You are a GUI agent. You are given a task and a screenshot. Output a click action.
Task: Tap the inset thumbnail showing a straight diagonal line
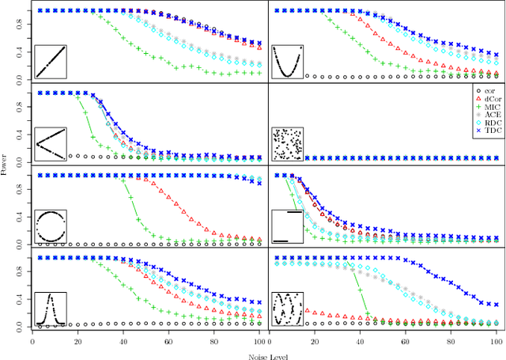[x=51, y=61]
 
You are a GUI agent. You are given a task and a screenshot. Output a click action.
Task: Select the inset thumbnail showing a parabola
[x=288, y=61]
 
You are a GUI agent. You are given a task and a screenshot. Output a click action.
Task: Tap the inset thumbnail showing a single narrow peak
[x=51, y=309]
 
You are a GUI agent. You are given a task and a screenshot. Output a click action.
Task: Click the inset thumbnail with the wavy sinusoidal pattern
[x=288, y=309]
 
